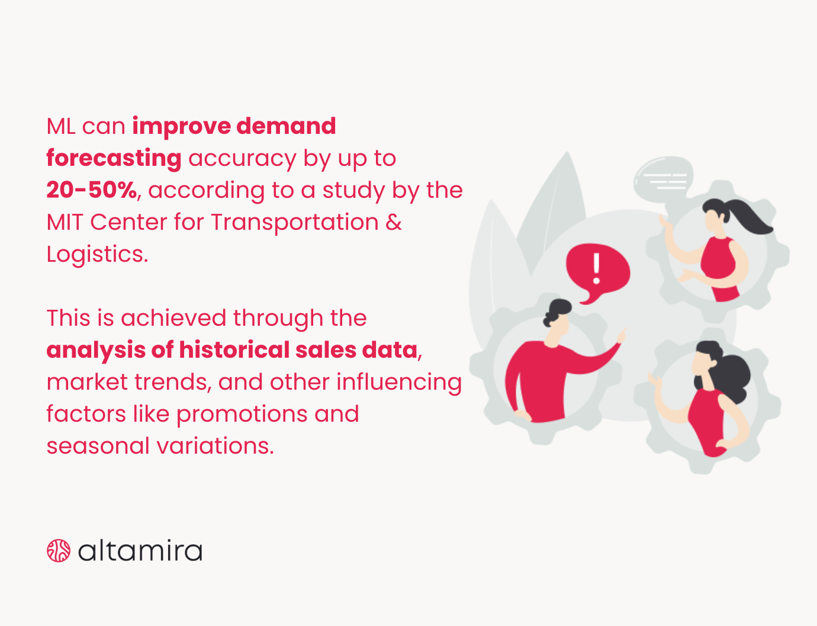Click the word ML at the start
tap(61, 127)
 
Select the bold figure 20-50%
tap(91, 190)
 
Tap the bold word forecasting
tap(114, 158)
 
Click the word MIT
tap(65, 223)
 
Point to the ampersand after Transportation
tap(394, 223)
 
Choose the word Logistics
tap(97, 255)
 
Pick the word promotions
tap(242, 415)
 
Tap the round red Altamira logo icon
tap(59, 551)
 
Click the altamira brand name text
tap(140, 551)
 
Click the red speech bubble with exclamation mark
tap(597, 271)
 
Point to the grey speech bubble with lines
tap(663, 178)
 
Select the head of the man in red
tap(557, 320)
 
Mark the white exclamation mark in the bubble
tap(597, 268)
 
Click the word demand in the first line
tap(286, 126)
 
